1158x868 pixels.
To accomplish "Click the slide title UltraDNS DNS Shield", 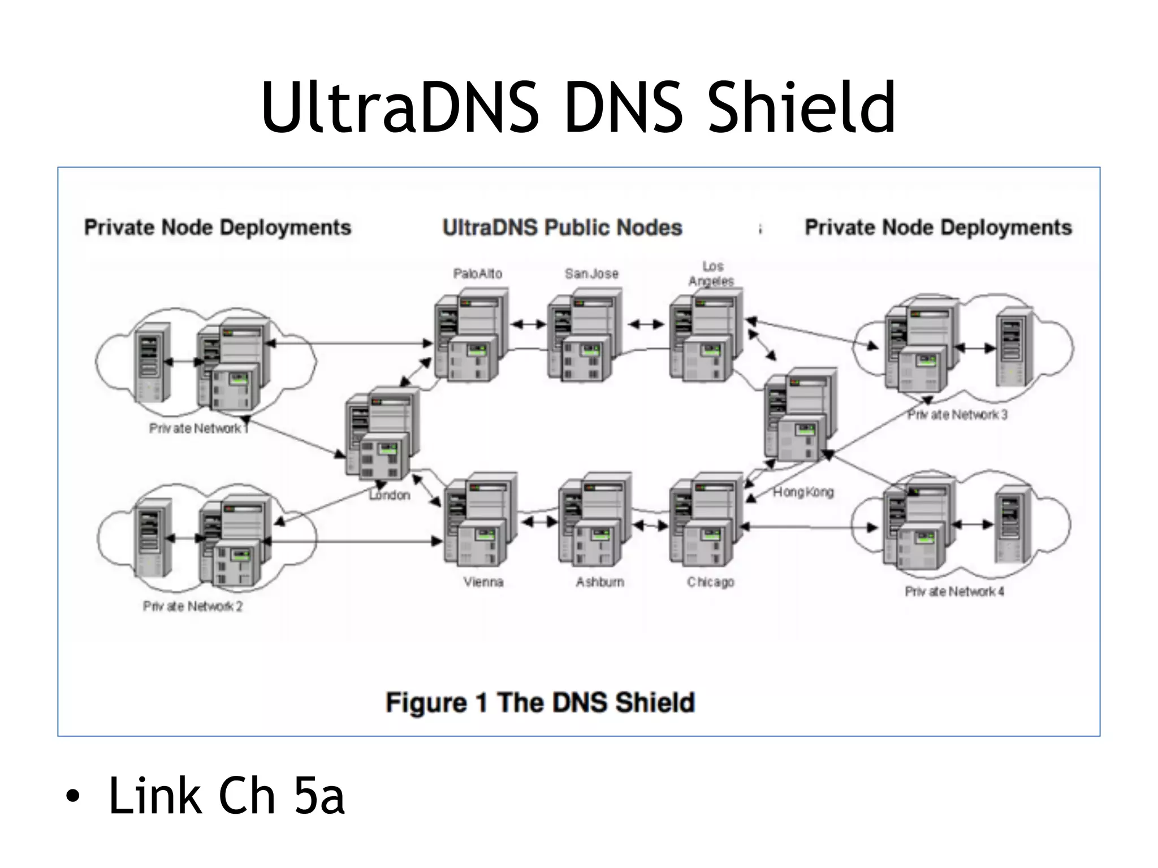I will pyautogui.click(x=578, y=107).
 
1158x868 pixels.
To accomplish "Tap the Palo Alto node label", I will pyautogui.click(x=477, y=274).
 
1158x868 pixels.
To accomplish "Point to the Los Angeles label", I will pyautogui.click(x=711, y=274).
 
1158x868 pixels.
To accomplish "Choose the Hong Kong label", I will pyautogui.click(x=803, y=492).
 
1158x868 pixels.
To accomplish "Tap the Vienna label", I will pyautogui.click(x=483, y=582).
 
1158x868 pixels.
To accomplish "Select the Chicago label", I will pyautogui.click(x=710, y=582).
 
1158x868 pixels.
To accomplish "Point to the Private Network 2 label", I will pyautogui.click(x=192, y=606).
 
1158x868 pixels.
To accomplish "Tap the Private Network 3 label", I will pyautogui.click(x=957, y=415).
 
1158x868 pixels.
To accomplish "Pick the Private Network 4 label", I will pyautogui.click(x=954, y=592).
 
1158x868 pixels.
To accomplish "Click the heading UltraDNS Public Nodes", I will pyautogui.click(x=562, y=227).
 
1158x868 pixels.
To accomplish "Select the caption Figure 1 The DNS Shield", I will pyautogui.click(x=539, y=702).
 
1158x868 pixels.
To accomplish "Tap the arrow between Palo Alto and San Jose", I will pyautogui.click(x=528, y=324).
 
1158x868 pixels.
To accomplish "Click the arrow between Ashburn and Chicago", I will pyautogui.click(x=650, y=526).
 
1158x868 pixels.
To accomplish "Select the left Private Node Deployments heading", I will pyautogui.click(x=218, y=227).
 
